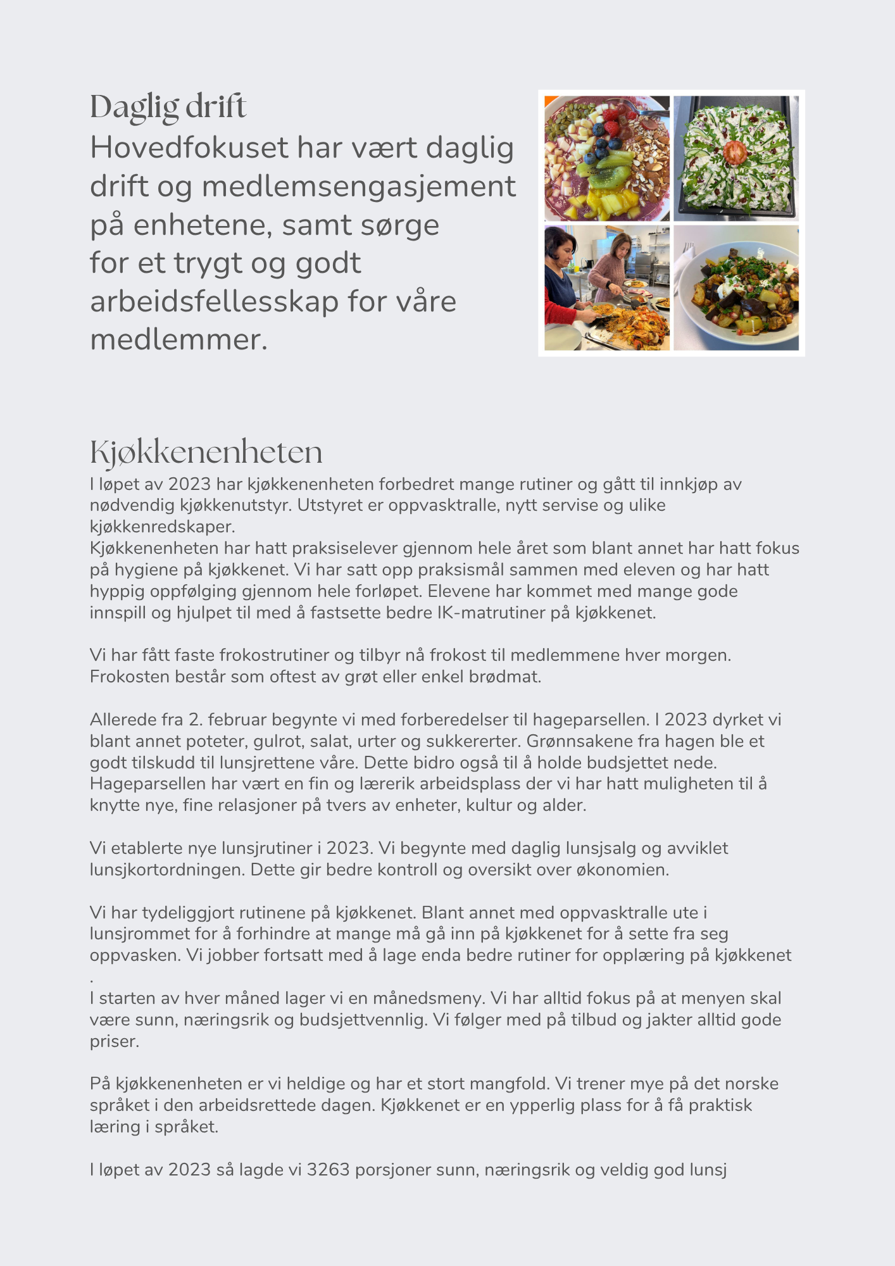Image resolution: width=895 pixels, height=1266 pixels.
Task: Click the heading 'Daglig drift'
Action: pyautogui.click(x=168, y=107)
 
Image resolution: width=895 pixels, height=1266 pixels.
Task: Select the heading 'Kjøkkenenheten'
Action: pyautogui.click(x=206, y=453)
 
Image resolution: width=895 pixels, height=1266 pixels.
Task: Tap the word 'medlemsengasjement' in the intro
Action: pyautogui.click(x=358, y=187)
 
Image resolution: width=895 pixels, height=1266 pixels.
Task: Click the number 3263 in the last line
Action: pyautogui.click(x=328, y=1169)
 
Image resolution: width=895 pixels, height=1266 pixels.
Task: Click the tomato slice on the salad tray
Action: pyautogui.click(x=735, y=151)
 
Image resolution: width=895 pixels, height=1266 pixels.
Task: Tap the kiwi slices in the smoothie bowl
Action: pyautogui.click(x=610, y=177)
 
